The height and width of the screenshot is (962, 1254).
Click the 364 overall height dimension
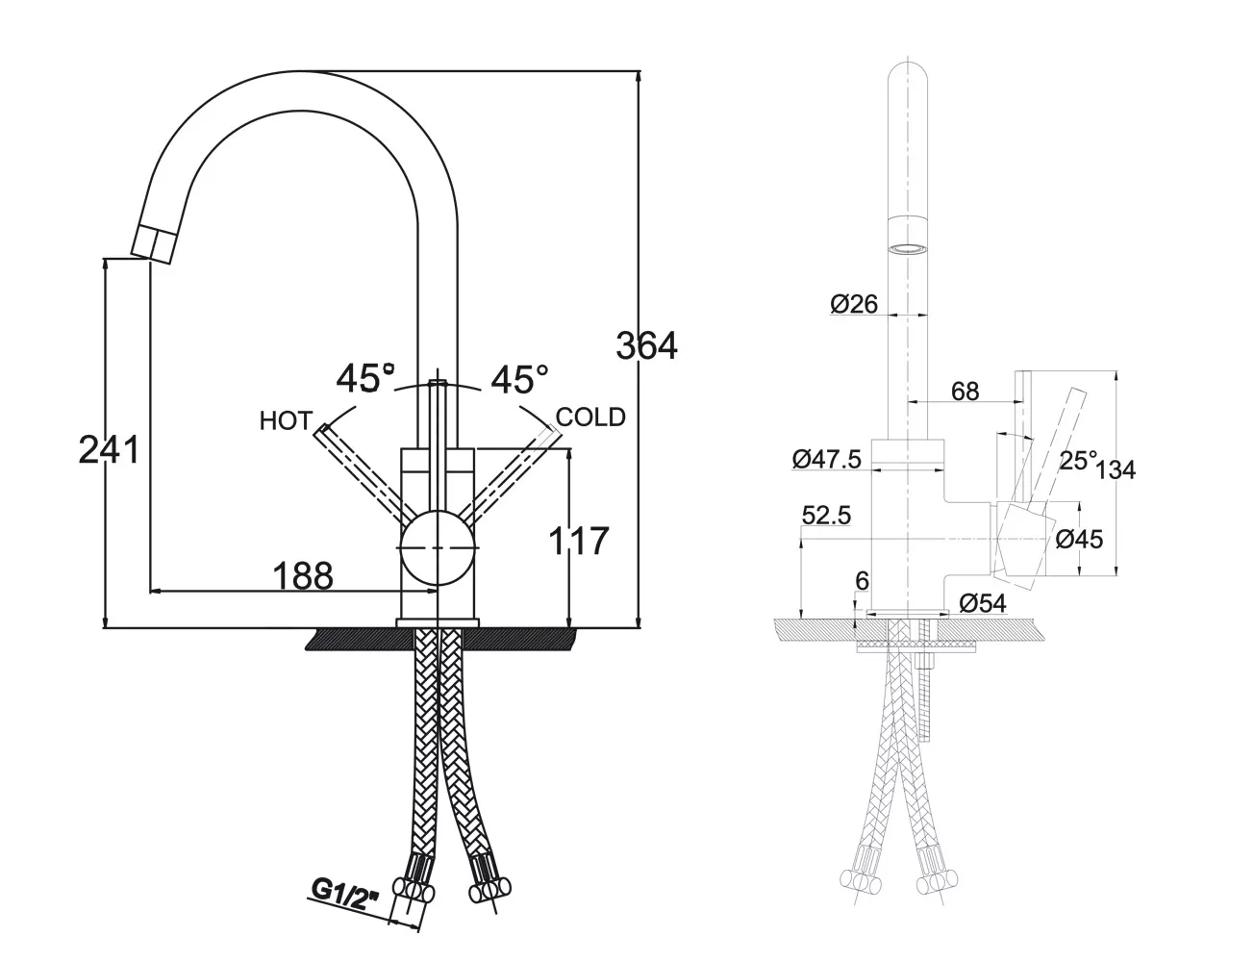[646, 345]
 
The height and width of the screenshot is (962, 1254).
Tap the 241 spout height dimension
[109, 449]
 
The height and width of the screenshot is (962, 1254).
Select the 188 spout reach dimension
[302, 575]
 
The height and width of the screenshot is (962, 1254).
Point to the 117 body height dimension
[578, 541]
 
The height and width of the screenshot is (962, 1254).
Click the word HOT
[287, 421]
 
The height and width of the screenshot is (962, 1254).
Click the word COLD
[590, 418]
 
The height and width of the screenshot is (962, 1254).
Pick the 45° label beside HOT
[365, 378]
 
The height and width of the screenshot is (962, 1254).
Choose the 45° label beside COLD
[519, 379]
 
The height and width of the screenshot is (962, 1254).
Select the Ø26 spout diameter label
[854, 304]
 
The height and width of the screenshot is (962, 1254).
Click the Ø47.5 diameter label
[826, 460]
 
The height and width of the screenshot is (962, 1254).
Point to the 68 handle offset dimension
[965, 392]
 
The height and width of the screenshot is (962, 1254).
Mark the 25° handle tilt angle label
[1078, 461]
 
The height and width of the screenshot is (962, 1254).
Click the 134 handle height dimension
[1116, 469]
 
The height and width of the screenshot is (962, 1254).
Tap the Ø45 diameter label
[1079, 539]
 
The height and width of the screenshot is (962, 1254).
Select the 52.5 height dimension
[826, 516]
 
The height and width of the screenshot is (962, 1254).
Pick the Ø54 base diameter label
[983, 603]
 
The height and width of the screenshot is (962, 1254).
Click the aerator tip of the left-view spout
[152, 245]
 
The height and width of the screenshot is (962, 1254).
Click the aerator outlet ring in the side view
[909, 249]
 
